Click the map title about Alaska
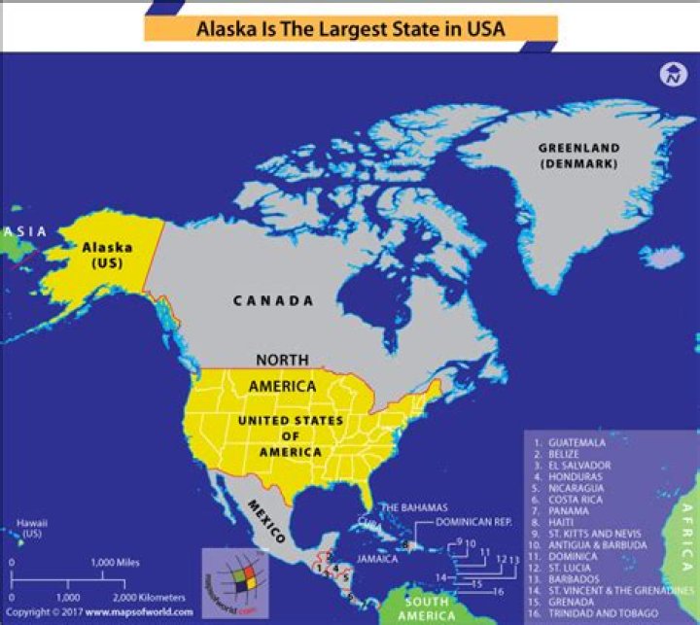(351, 29)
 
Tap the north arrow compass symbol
(671, 74)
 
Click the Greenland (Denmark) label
(578, 156)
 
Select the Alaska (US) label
(107, 256)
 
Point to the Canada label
(273, 301)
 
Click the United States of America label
(291, 436)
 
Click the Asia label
(24, 231)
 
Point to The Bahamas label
(413, 507)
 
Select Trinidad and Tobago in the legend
(597, 614)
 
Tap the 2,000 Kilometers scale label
(151, 597)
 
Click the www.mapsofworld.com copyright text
(135, 613)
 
